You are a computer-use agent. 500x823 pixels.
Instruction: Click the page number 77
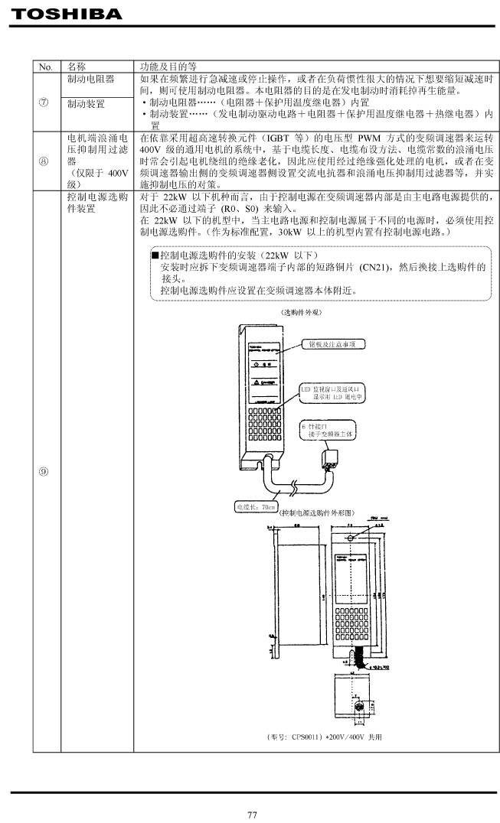(252, 814)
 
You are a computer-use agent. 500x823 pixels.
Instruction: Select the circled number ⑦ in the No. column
(46, 102)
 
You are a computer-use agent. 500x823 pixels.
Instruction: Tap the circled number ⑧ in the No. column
(46, 162)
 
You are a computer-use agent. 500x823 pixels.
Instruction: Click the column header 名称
(77, 67)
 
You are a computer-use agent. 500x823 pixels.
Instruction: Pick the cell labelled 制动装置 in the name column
(86, 102)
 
